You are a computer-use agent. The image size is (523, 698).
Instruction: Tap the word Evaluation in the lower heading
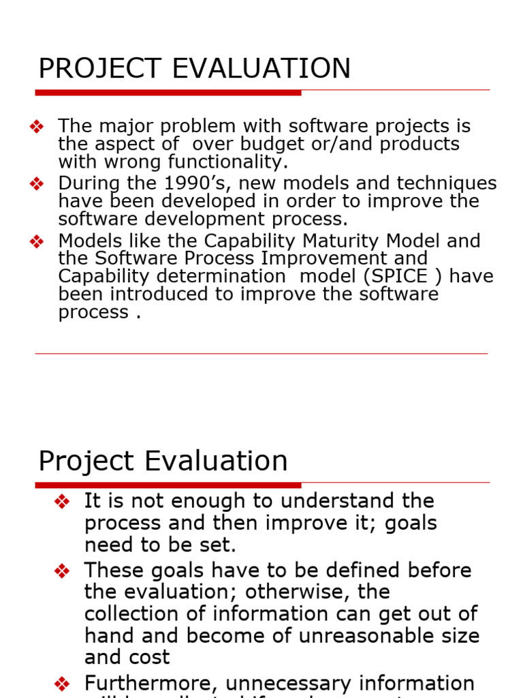216,461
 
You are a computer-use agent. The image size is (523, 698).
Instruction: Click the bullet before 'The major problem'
37,127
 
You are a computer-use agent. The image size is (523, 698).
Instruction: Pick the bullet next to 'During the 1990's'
37,184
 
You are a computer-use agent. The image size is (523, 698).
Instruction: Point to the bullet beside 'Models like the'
37,241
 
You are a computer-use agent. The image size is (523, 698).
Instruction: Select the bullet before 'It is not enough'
62,502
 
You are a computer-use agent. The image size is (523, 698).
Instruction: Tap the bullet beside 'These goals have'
62,571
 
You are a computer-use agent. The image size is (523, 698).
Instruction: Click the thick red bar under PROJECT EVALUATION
168,92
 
